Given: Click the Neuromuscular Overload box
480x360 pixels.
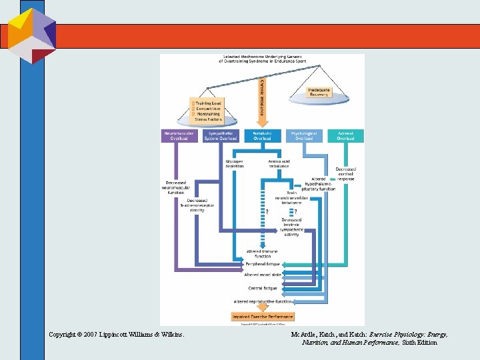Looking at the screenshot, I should [179, 135].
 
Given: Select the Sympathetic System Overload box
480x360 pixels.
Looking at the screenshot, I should [220, 135].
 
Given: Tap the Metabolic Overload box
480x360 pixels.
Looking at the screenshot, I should [262, 135].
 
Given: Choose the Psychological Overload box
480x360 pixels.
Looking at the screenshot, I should [304, 135].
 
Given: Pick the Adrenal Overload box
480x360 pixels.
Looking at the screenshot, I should [345, 135].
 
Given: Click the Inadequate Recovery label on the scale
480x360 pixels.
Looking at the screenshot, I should [319, 92].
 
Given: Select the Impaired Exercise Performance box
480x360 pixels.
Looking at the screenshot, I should [262, 316].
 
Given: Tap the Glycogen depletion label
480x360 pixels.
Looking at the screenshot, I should [235, 165].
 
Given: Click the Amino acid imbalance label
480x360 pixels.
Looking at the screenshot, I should [279, 165].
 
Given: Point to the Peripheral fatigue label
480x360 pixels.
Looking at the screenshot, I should [263, 264].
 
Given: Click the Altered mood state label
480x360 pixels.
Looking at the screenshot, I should [263, 274].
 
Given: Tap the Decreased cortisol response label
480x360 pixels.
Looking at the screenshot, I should [345, 173].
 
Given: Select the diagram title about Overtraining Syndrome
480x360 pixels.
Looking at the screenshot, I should [262, 59].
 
